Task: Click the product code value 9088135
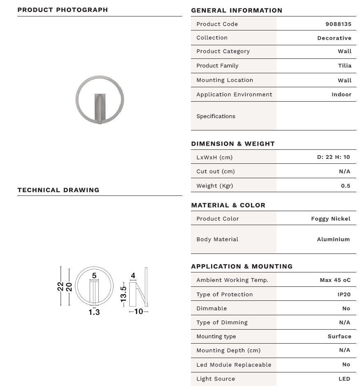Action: [x=338, y=24]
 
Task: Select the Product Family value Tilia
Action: [x=344, y=65]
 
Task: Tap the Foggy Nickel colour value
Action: [x=330, y=219]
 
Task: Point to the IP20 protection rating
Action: [x=344, y=294]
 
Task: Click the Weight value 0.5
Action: [x=346, y=186]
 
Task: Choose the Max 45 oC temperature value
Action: [x=335, y=280]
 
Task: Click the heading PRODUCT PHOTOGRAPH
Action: [x=63, y=9]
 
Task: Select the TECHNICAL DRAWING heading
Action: [x=58, y=190]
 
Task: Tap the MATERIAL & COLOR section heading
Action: [x=228, y=205]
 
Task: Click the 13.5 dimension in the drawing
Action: [x=123, y=292]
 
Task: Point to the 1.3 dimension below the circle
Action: [x=94, y=312]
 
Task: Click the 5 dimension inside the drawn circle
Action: [x=94, y=276]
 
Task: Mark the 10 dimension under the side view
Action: [x=139, y=312]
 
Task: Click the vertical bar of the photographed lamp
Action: [x=100, y=108]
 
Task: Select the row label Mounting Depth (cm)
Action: [x=228, y=350]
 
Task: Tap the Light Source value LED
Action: [x=344, y=379]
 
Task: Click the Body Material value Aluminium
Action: [x=333, y=239]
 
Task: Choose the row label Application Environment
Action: [x=234, y=94]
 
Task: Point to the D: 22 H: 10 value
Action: [x=333, y=157]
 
